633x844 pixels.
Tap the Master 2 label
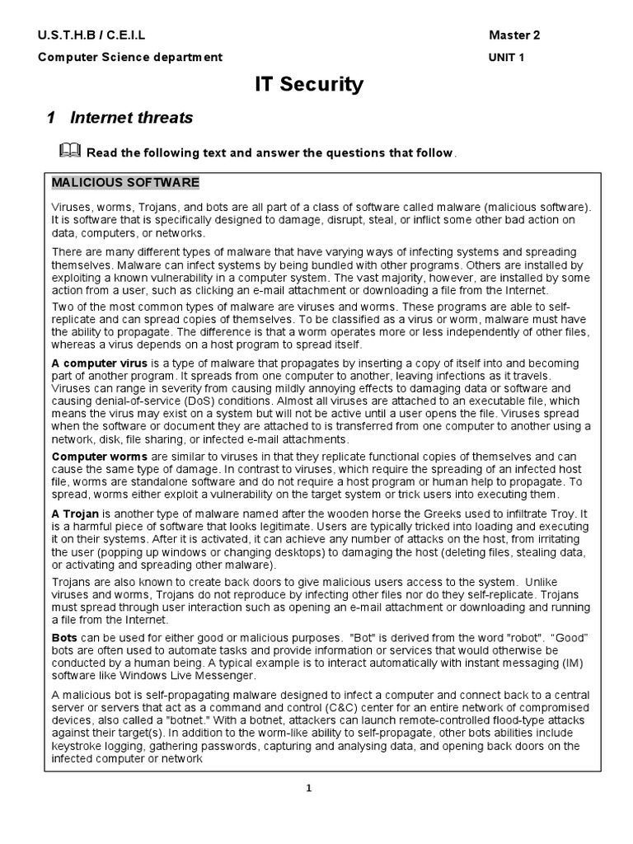tap(514, 35)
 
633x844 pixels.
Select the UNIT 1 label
tap(506, 58)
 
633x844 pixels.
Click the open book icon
tap(70, 151)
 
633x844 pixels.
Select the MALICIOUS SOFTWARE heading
tap(125, 182)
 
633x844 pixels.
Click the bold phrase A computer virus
tap(100, 363)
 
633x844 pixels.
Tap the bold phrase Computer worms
tap(100, 456)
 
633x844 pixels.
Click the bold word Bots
tap(65, 639)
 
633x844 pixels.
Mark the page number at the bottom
tap(308, 789)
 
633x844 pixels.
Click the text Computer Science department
tap(129, 58)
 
